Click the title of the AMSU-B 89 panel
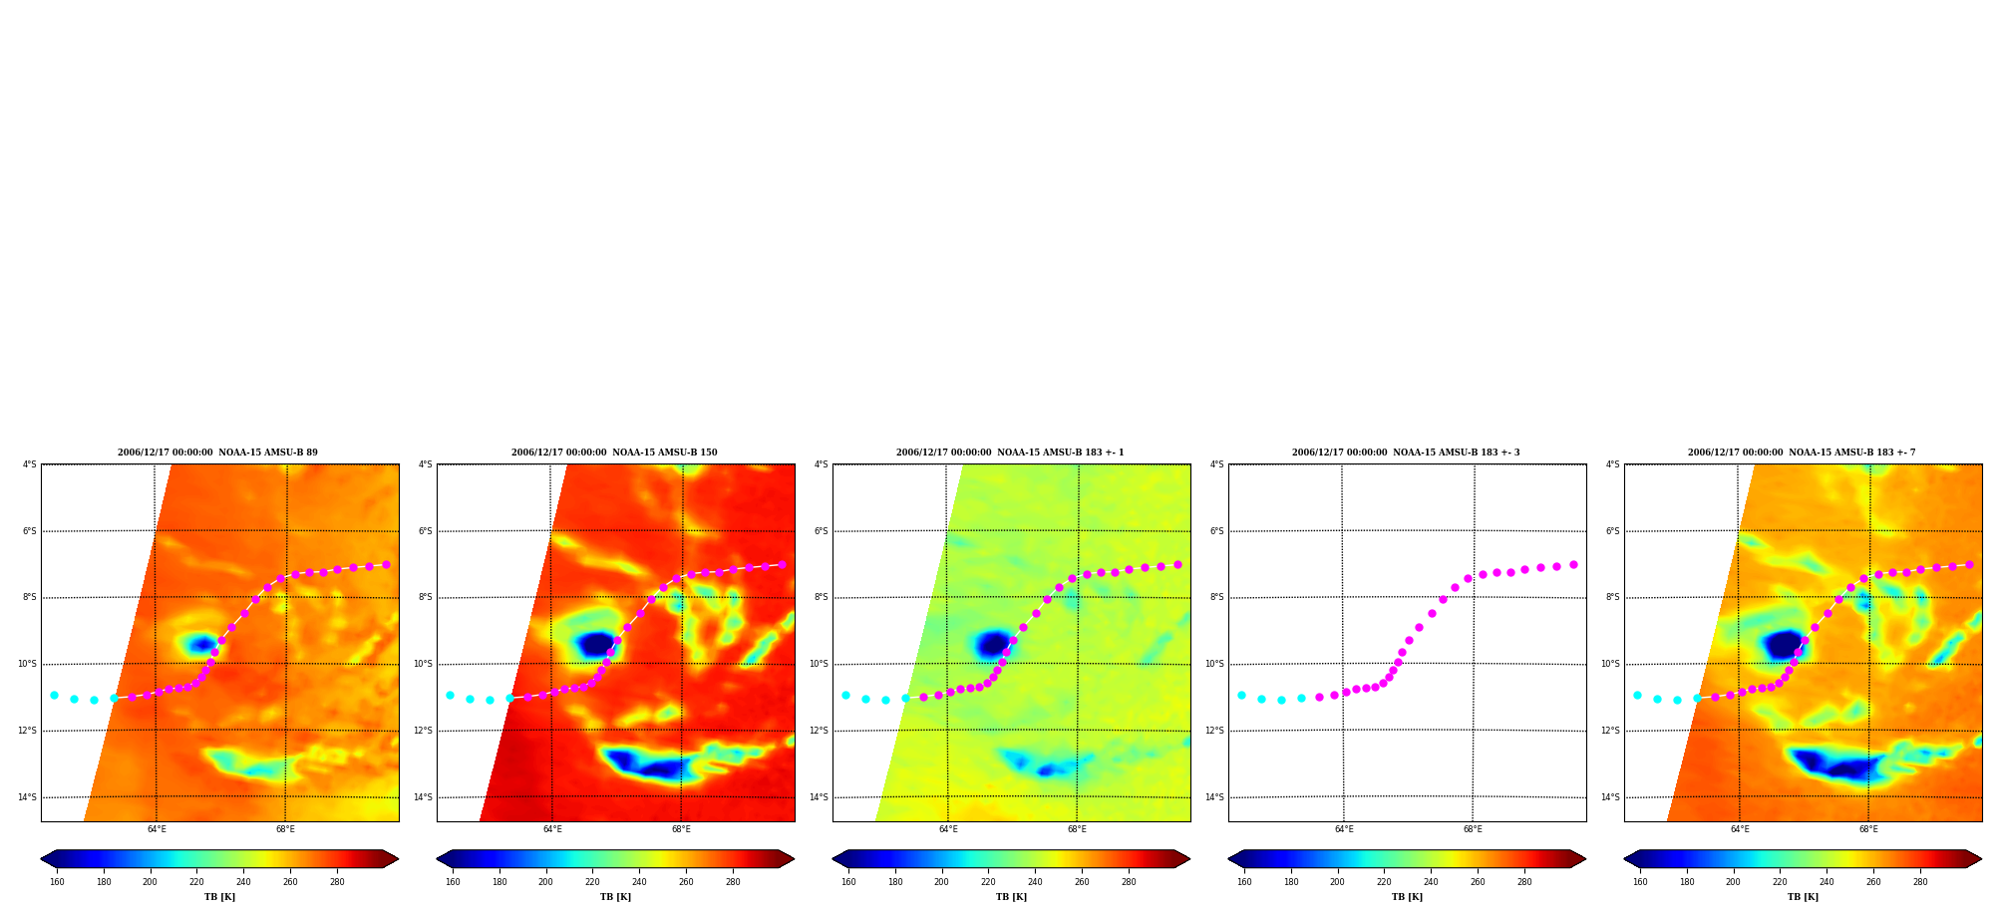click(x=217, y=453)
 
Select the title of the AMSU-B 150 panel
click(x=614, y=453)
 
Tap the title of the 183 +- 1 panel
click(x=1010, y=453)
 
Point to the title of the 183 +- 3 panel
click(x=1406, y=453)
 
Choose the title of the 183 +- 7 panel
click(x=1802, y=453)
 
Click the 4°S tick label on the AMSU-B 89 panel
click(x=30, y=464)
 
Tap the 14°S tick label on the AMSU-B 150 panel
click(x=423, y=797)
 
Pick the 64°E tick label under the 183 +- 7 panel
click(x=1740, y=829)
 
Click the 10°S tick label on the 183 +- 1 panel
click(x=819, y=664)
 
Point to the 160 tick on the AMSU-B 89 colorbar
click(x=57, y=882)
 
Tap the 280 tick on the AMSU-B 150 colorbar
click(x=733, y=882)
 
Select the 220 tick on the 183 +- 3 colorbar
click(x=1384, y=882)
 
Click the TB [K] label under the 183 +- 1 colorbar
click(x=1011, y=897)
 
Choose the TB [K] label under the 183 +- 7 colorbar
click(x=1803, y=897)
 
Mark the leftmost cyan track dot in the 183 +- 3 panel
click(x=1241, y=695)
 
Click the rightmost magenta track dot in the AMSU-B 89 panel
click(x=386, y=564)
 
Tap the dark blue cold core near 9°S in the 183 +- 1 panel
click(x=993, y=644)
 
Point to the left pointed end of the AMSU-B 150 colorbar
click(x=439, y=859)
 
